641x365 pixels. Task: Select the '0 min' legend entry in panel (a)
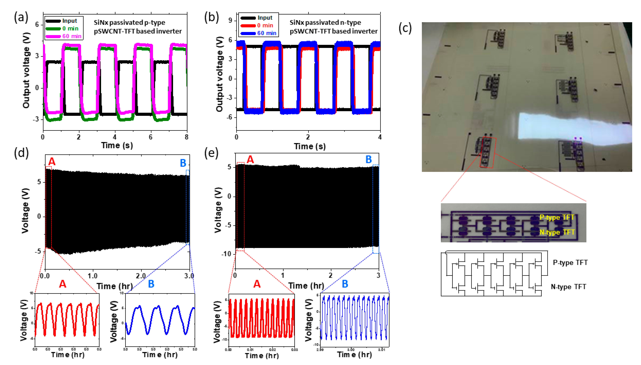[70, 29]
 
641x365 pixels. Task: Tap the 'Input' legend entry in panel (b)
[265, 18]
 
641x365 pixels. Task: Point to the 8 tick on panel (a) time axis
[187, 137]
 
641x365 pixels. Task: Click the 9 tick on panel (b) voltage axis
[230, 21]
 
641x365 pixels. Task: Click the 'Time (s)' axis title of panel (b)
[310, 146]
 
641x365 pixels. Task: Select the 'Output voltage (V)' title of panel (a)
[26, 70]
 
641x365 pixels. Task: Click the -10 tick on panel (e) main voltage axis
[226, 254]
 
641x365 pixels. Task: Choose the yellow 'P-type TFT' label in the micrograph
[557, 217]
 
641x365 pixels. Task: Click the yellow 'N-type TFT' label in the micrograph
[557, 232]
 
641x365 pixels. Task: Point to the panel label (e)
[211, 153]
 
